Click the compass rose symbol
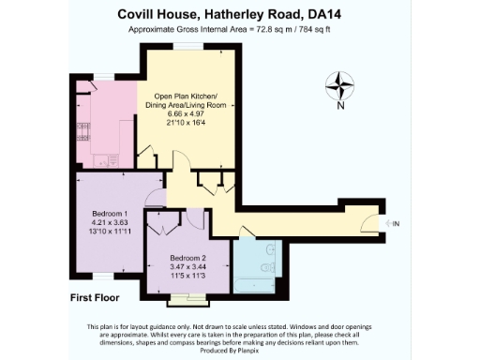tap(340, 87)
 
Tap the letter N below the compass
tap(340, 106)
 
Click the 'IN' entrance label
tap(396, 223)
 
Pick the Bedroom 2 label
tap(187, 259)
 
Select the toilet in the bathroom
tap(271, 251)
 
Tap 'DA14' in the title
tap(342, 14)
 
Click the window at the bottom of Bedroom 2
tap(195, 296)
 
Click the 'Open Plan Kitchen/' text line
tap(178, 97)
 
